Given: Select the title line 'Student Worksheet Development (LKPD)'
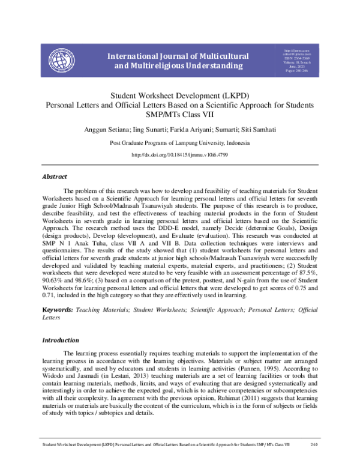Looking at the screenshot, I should (180, 95).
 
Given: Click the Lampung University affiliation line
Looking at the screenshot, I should (180, 144).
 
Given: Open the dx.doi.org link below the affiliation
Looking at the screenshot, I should (180, 155).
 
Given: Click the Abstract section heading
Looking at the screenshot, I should (54, 177).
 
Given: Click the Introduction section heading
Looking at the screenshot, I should (60, 340).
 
